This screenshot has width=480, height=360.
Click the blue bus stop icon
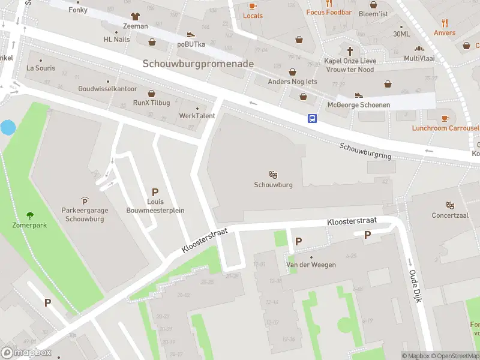(313, 118)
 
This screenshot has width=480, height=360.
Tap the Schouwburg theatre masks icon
(273, 175)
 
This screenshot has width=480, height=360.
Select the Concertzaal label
(450, 215)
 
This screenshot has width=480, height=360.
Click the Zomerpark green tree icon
(29, 215)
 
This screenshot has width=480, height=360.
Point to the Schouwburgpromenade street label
(198, 64)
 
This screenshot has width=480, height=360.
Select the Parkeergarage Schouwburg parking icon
(84, 200)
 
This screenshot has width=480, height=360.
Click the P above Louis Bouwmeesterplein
(155, 192)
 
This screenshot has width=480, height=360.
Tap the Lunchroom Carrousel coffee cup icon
(445, 118)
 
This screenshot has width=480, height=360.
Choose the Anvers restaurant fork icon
(445, 23)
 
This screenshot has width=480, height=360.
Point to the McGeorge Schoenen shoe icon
(359, 95)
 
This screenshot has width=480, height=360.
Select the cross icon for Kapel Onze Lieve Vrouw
(349, 50)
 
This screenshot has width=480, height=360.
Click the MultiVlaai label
(419, 58)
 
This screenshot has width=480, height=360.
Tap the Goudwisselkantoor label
(108, 88)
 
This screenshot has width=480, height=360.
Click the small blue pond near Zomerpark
(8, 127)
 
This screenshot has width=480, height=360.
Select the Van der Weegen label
(311, 265)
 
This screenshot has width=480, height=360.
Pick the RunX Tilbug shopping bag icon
(151, 93)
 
